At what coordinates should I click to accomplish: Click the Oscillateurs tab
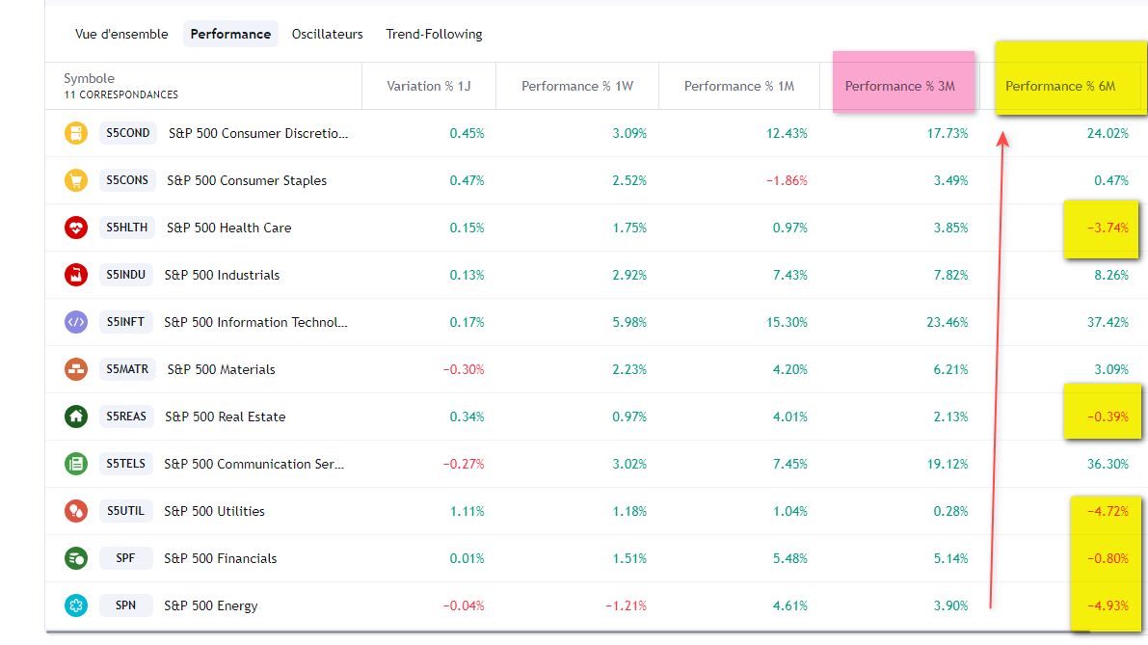pyautogui.click(x=327, y=34)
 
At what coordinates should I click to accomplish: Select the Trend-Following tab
pyautogui.click(x=434, y=34)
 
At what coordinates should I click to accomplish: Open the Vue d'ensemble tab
pyautogui.click(x=121, y=34)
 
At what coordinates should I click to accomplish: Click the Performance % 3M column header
pyautogui.click(x=899, y=86)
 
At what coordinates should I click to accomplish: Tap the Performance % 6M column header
pyautogui.click(x=1060, y=86)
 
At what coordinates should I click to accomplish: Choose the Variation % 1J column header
pyautogui.click(x=428, y=86)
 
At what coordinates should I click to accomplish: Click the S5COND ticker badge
pyautogui.click(x=128, y=133)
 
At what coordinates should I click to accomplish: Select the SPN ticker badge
pyautogui.click(x=125, y=605)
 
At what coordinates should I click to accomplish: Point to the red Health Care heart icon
pyautogui.click(x=76, y=228)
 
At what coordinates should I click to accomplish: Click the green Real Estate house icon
pyautogui.click(x=76, y=417)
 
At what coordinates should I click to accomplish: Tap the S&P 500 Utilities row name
pyautogui.click(x=214, y=511)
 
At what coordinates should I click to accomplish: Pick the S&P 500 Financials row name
pyautogui.click(x=220, y=558)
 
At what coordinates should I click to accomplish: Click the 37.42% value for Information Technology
pyautogui.click(x=1108, y=322)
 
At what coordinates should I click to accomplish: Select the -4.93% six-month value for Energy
pyautogui.click(x=1108, y=605)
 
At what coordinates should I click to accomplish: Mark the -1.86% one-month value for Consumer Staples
pyautogui.click(x=787, y=180)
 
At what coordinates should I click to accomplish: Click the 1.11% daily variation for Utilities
pyautogui.click(x=467, y=511)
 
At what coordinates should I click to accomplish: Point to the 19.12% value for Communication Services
pyautogui.click(x=947, y=464)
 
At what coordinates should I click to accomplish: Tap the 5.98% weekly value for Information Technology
pyautogui.click(x=629, y=322)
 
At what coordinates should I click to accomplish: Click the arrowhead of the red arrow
pyautogui.click(x=1002, y=139)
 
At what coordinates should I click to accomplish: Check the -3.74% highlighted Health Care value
pyautogui.click(x=1108, y=228)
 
